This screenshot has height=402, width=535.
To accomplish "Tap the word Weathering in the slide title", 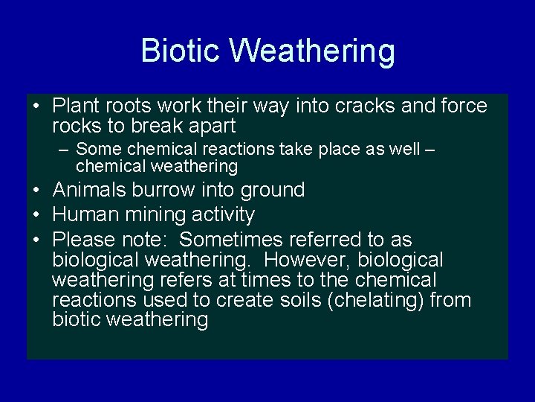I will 312,51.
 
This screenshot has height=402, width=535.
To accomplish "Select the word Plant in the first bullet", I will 77,106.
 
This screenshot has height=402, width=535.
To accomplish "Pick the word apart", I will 210,126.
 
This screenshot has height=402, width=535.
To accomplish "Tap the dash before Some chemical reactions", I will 65,150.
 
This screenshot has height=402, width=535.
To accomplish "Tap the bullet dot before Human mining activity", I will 36,215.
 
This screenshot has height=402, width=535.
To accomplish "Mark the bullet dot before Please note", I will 36,240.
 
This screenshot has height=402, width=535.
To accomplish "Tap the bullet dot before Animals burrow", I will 36,190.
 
